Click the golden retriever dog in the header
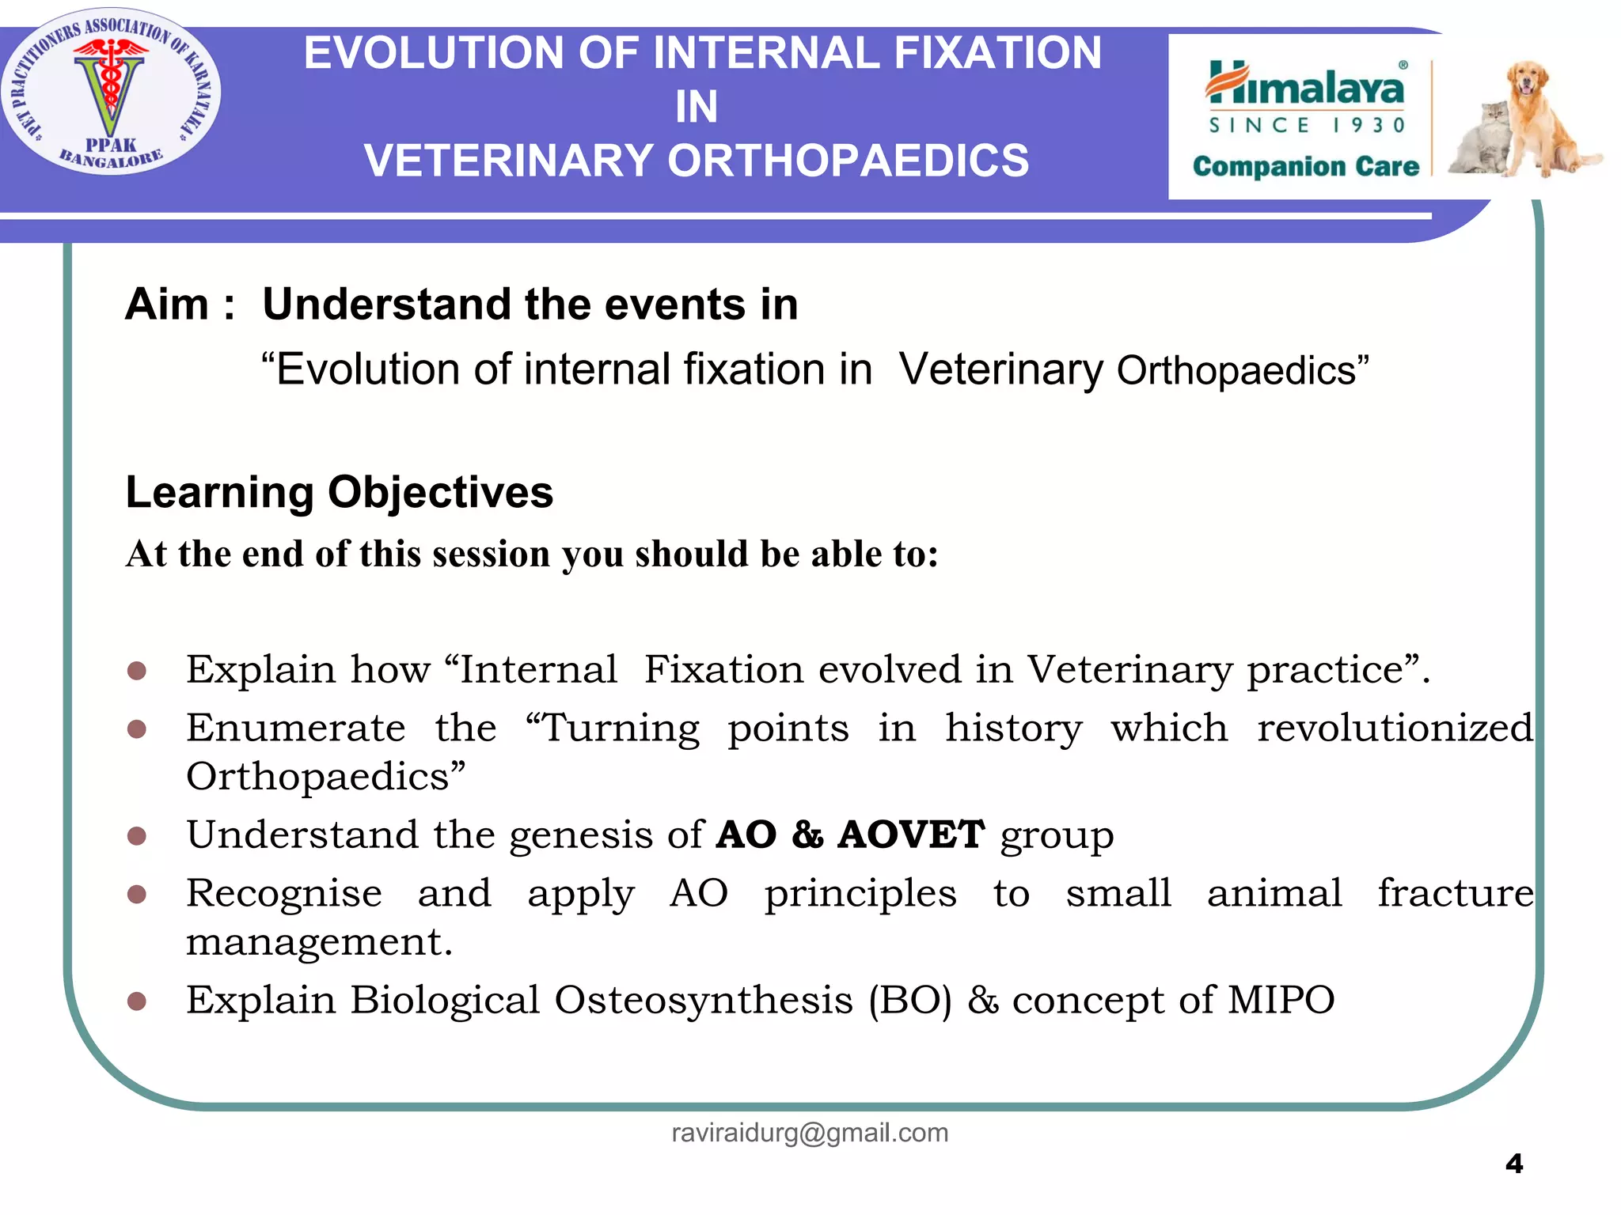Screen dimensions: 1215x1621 click(x=1539, y=119)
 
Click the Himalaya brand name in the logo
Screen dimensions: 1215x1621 click(x=1306, y=85)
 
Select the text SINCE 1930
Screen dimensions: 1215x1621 click(x=1307, y=125)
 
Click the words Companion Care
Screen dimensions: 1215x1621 click(x=1306, y=166)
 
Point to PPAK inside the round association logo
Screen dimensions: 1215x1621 click(x=111, y=145)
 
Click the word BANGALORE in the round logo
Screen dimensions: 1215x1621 click(x=111, y=161)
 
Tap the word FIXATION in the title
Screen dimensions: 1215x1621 click(x=997, y=53)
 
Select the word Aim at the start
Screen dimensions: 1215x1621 click(x=167, y=305)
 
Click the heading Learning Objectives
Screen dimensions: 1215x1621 click(x=339, y=492)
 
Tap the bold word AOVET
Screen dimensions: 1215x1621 click(x=911, y=835)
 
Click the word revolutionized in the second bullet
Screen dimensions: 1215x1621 click(x=1395, y=728)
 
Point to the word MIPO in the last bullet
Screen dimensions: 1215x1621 click(x=1281, y=1000)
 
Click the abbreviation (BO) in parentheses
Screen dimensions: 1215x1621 click(x=909, y=1001)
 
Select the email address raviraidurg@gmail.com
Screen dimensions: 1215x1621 click(x=810, y=1133)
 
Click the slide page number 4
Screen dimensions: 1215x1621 click(x=1513, y=1164)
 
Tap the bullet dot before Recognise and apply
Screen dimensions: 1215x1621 click(x=137, y=895)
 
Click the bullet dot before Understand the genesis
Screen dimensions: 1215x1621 click(x=137, y=836)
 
